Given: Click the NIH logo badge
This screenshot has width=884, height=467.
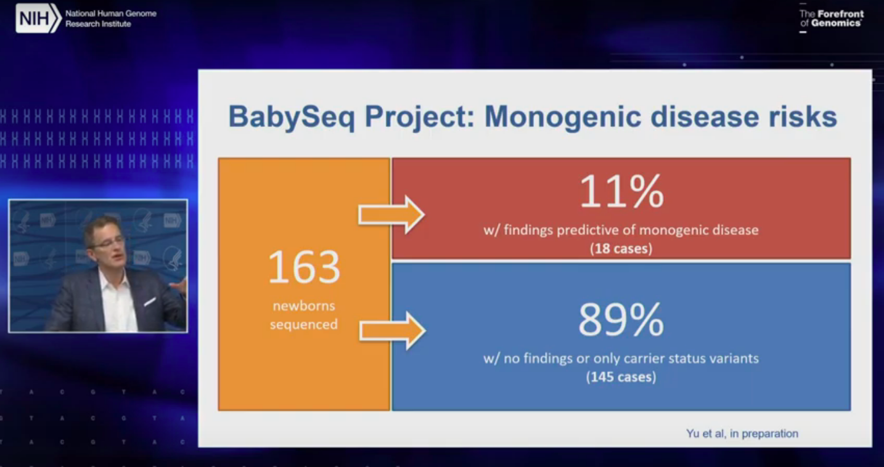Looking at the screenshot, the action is (39, 18).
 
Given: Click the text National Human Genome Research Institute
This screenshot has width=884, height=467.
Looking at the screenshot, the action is (111, 18).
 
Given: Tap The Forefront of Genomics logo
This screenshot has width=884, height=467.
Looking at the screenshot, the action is (832, 18).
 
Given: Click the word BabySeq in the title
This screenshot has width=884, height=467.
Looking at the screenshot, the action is (292, 117).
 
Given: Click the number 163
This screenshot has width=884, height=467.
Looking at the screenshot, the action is (304, 267).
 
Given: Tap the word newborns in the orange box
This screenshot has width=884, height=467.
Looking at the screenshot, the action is (304, 306).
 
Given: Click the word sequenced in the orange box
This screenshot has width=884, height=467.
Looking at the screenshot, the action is (304, 325).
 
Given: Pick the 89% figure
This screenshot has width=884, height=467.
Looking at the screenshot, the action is (621, 320).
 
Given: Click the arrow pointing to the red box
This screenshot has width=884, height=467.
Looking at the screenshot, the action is (391, 215).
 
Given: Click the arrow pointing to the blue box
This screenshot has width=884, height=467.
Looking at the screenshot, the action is (392, 330).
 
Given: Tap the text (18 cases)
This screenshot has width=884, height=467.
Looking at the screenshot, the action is (621, 248).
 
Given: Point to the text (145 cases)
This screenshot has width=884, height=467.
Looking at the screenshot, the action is (621, 377).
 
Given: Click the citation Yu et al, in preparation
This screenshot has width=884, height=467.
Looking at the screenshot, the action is (742, 434).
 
